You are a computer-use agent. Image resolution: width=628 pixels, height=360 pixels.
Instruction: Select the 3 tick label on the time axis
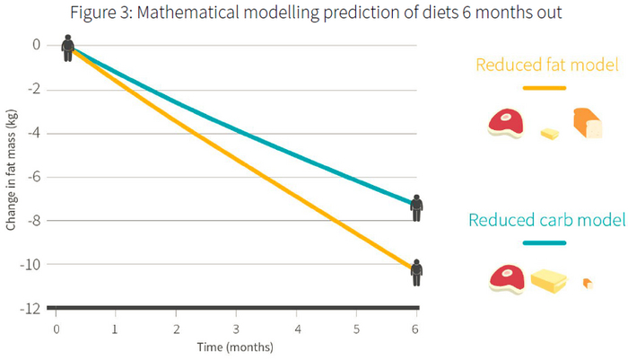pos(236,329)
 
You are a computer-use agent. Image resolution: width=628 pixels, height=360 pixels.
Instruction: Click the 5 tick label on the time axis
pos(356,329)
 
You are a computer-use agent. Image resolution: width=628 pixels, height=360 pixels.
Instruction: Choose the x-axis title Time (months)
pos(237,347)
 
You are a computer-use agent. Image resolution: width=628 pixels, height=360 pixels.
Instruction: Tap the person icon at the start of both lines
pos(68,48)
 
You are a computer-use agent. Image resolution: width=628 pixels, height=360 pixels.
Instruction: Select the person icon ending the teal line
pos(416,208)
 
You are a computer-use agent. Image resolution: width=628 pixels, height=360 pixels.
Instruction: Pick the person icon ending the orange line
pos(416,272)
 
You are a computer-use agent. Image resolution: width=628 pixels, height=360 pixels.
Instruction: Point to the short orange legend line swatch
pos(544,88)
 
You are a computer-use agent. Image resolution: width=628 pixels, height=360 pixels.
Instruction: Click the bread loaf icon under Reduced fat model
pos(588,123)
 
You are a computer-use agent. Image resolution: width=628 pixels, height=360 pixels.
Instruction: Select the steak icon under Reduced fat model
pos(506,123)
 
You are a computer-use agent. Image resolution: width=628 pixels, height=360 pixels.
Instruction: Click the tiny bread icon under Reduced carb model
pos(588,284)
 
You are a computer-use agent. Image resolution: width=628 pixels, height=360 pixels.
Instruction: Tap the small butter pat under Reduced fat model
pos(549,134)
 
